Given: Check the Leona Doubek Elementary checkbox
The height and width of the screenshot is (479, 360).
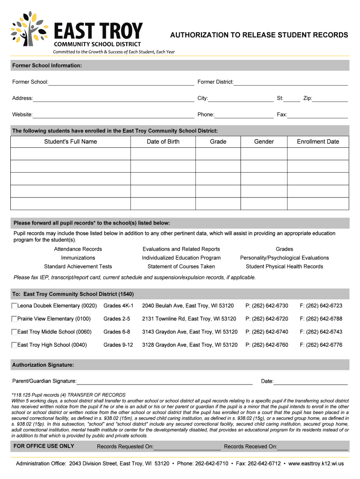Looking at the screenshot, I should [14, 306].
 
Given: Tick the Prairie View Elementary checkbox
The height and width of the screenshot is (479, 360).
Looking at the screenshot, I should [14, 319].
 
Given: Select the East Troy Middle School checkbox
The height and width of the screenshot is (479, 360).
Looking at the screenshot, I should [14, 332].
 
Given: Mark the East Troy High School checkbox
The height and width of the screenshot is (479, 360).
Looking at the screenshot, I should [14, 345].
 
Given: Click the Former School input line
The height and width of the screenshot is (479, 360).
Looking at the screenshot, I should [121, 83].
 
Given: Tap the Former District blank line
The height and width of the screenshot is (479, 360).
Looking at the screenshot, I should [290, 83].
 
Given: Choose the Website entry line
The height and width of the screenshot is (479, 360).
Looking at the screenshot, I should [113, 115].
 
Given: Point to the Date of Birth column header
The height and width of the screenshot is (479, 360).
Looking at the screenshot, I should [163, 142].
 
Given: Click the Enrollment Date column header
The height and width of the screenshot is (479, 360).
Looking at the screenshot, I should [318, 142].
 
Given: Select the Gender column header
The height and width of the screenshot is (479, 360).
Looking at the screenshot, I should [264, 142].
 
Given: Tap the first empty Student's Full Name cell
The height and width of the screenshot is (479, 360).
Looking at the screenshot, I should [70, 154].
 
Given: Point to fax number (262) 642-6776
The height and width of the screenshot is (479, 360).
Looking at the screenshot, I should [321, 345].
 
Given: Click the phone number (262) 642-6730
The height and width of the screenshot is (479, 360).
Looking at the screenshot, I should [266, 306].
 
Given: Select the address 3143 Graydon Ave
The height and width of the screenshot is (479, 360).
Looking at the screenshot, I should [190, 332].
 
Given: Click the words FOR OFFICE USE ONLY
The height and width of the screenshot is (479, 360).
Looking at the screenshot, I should [44, 446].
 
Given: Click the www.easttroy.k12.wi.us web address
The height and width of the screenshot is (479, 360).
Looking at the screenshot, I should [316, 464].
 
